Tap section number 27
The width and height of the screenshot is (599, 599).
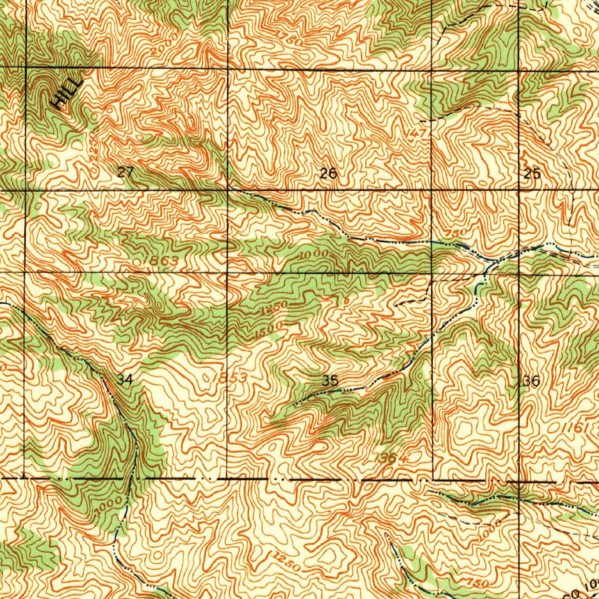pos(125,172)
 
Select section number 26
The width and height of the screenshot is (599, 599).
pos(328,174)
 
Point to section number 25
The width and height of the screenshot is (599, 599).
pos(532,174)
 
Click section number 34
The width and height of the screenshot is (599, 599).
pos(125,380)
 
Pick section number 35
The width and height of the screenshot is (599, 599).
pos(330,381)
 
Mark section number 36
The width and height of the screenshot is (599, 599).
pos(531,381)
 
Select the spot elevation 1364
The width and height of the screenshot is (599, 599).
pos(391,458)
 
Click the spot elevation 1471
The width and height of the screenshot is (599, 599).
pos(419,134)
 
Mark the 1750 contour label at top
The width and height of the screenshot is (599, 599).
pos(290,39)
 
